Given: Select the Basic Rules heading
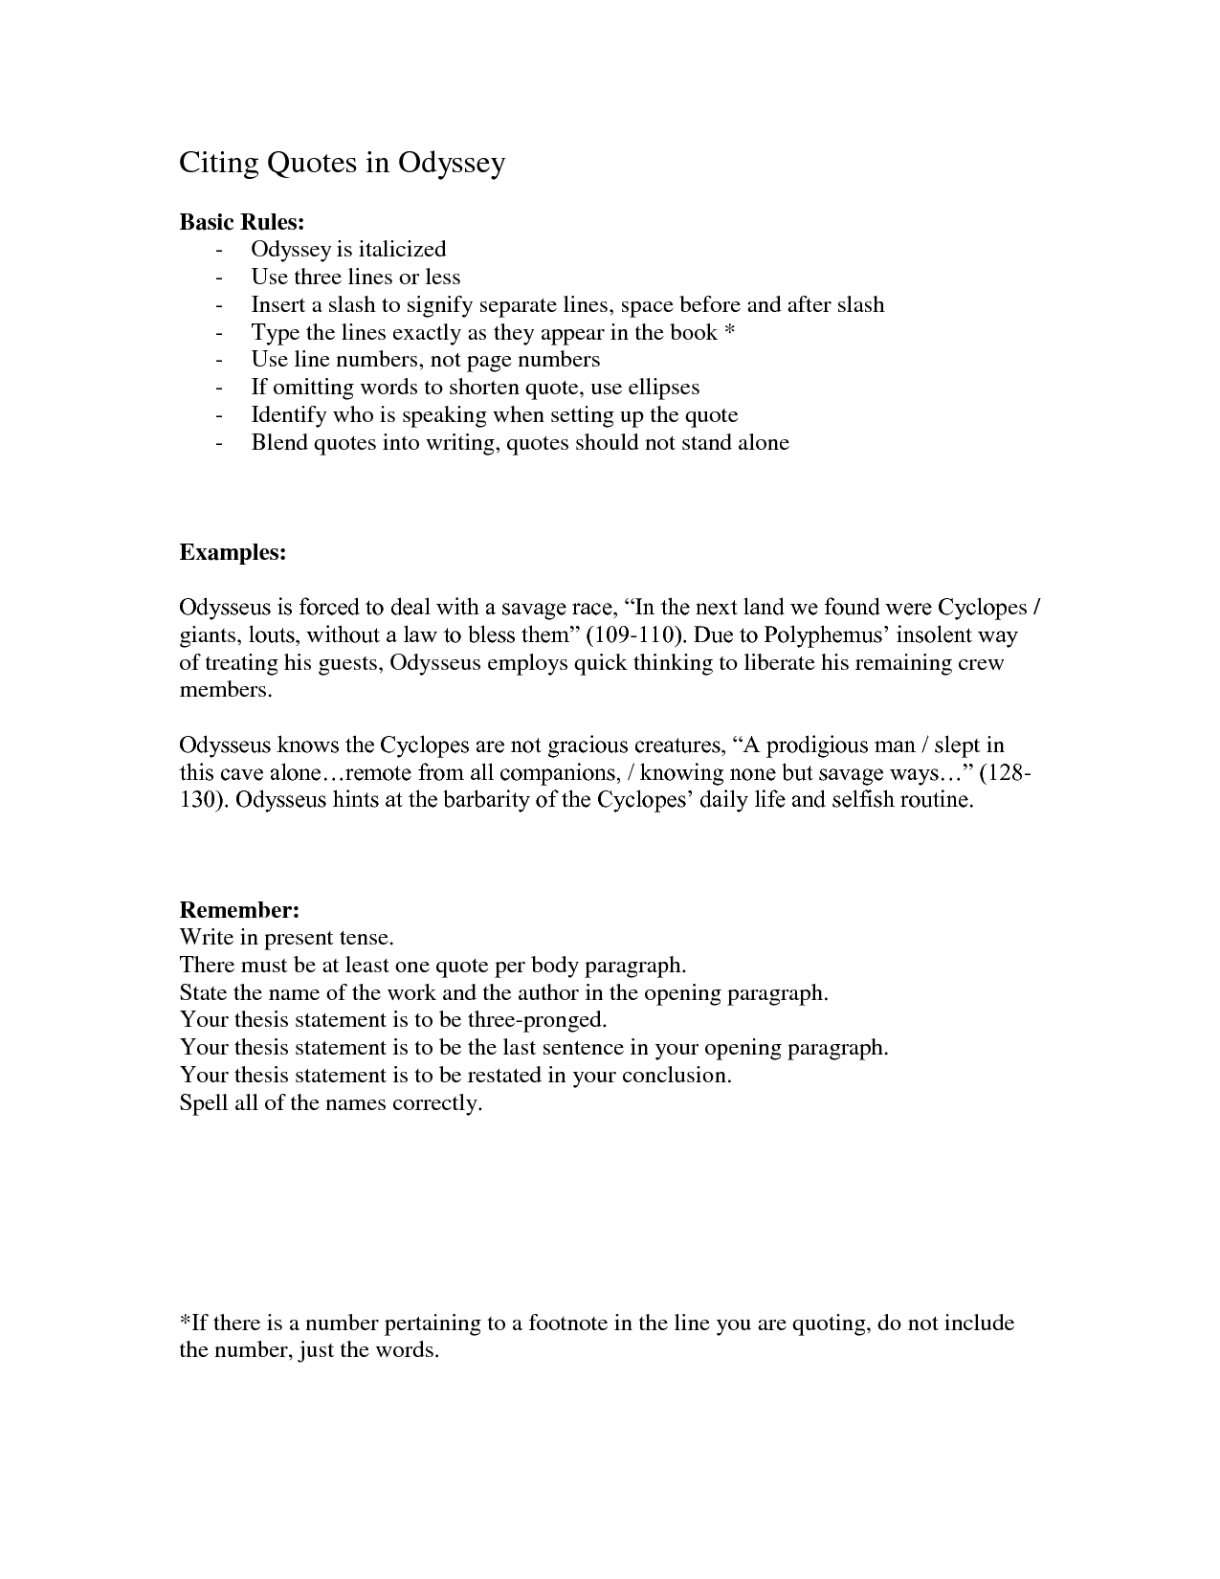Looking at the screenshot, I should pyautogui.click(x=242, y=222).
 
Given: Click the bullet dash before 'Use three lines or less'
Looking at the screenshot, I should pyautogui.click(x=221, y=278).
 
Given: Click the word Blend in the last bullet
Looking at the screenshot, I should pyautogui.click(x=279, y=443).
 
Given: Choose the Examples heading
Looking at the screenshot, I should pyautogui.click(x=233, y=553).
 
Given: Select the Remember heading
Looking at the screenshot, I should pyautogui.click(x=240, y=909).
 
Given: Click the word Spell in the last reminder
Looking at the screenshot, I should pyautogui.click(x=203, y=1103).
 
